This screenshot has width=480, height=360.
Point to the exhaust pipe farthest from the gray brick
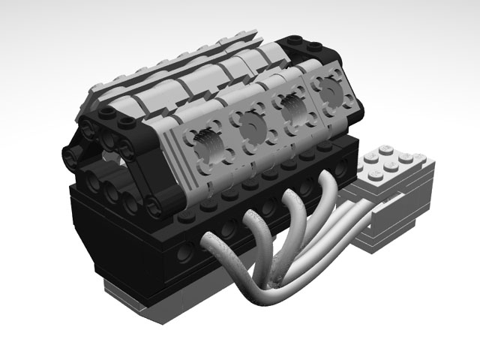217,247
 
